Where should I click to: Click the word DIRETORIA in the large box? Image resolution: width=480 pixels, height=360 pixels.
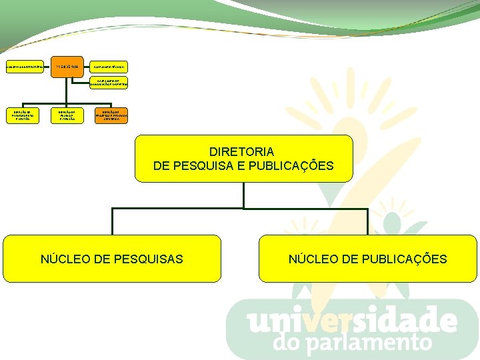243,152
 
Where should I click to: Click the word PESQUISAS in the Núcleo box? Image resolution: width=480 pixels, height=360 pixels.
149,259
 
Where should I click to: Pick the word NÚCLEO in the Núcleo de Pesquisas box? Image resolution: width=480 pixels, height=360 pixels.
65,259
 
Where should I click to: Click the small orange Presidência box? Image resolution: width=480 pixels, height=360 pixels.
67,67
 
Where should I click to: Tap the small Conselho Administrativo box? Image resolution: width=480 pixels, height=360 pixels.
25,67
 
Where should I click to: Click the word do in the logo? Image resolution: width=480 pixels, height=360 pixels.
289,343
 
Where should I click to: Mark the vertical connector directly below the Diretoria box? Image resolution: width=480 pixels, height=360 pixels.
243,195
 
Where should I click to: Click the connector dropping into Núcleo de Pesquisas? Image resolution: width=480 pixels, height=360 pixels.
112,221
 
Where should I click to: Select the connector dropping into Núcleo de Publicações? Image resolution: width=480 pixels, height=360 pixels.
367,221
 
